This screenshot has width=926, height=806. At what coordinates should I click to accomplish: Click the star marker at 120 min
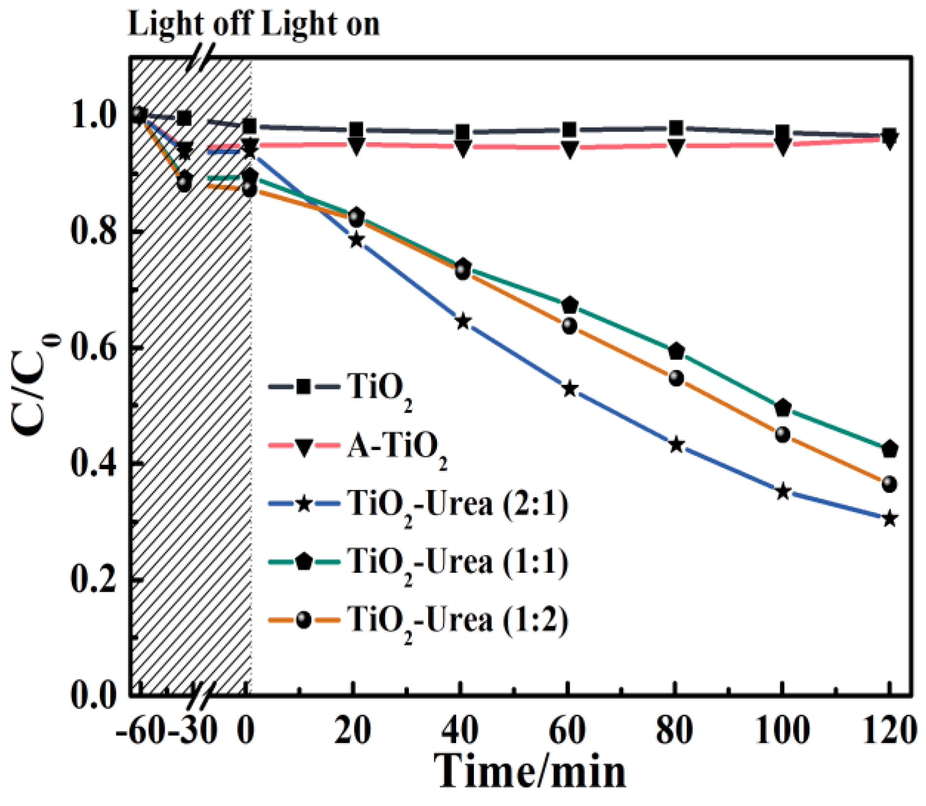tap(889, 519)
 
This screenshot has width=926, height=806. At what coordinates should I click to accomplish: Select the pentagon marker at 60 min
tap(569, 305)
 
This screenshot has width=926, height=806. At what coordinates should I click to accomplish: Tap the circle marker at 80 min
tap(676, 378)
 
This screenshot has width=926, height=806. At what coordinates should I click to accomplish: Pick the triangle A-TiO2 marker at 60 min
tap(569, 149)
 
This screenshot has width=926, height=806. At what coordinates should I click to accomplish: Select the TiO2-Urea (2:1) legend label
tap(458, 504)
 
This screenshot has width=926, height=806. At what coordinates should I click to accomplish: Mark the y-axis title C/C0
tap(34, 389)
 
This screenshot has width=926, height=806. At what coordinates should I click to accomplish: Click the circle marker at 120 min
tap(889, 484)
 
